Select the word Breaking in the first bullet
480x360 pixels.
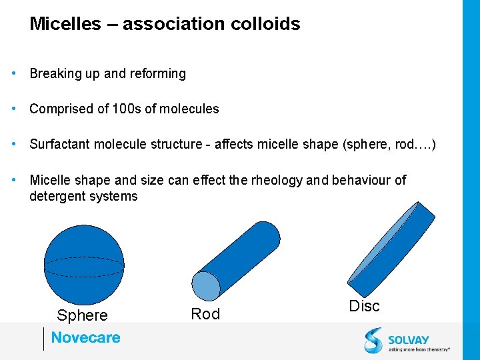click(x=55, y=73)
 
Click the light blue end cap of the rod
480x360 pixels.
click(x=205, y=286)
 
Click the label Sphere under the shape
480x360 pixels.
click(x=82, y=315)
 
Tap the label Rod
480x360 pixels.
click(x=205, y=314)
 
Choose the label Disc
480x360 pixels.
click(x=364, y=306)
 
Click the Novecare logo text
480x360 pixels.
click(x=86, y=338)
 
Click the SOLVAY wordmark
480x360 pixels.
click(x=409, y=340)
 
